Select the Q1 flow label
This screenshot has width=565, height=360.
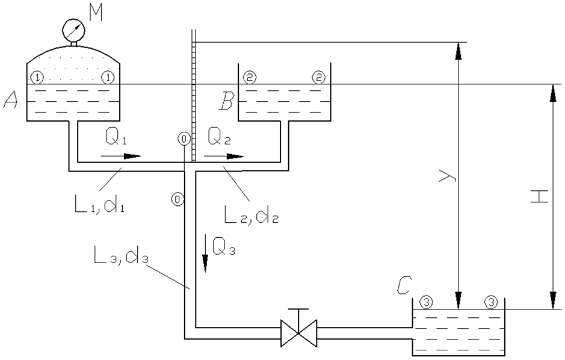[116, 139]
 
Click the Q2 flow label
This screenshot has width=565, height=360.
[220, 139]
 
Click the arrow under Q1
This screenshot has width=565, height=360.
[120, 157]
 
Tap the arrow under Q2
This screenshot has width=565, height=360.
[224, 157]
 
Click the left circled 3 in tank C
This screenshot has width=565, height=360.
[425, 302]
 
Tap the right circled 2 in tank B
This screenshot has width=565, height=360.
[319, 77]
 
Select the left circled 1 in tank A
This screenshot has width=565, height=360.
[37, 77]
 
